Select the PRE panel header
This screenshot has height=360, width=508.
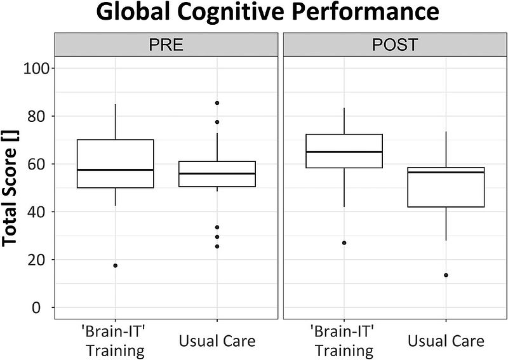pos(166,46)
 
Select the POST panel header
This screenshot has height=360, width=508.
pos(394,46)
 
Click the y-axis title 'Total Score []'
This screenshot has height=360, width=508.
pos(14,187)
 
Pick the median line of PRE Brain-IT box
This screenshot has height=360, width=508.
pos(115,170)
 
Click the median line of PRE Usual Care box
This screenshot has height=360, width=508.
pos(217,173)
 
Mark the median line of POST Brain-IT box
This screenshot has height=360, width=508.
pos(344,152)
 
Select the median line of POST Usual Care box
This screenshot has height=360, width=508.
pos(446,172)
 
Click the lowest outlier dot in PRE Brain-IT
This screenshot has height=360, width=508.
pos(115,265)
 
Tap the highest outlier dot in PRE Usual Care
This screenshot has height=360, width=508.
pos(217,103)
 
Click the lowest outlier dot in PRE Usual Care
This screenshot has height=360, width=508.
pos(217,246)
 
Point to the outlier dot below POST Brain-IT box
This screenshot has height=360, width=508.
pos(344,243)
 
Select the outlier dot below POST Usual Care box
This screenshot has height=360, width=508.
pos(446,275)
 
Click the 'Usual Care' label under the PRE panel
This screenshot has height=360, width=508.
pos(217,342)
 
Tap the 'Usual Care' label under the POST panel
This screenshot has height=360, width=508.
pos(446,342)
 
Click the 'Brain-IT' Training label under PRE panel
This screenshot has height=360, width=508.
pos(115,342)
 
